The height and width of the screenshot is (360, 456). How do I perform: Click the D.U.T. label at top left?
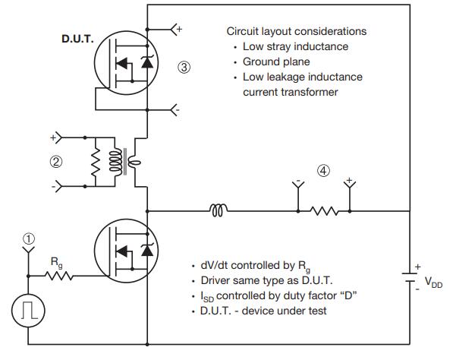coord(77,36)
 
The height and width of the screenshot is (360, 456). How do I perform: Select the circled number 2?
coord(56,161)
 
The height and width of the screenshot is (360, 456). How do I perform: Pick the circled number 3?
coord(184,67)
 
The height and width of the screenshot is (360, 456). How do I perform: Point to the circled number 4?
coord(324,171)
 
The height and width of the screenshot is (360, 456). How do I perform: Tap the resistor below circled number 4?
coord(324,210)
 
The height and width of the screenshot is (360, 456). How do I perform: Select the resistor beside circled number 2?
coord(96,161)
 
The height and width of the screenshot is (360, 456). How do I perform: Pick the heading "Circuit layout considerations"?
coord(297,32)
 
